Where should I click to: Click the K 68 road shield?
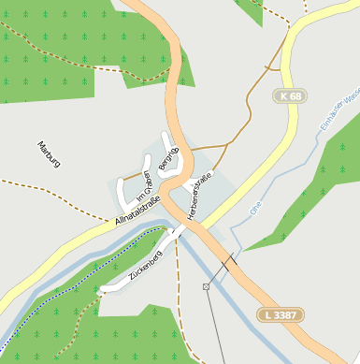(291, 96)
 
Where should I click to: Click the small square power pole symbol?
(206, 285)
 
